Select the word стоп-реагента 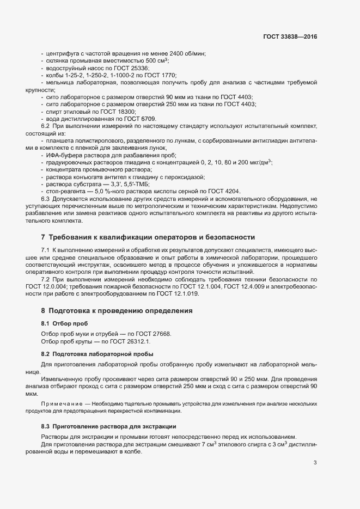point(66,192)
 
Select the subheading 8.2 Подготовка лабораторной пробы point(96,354)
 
